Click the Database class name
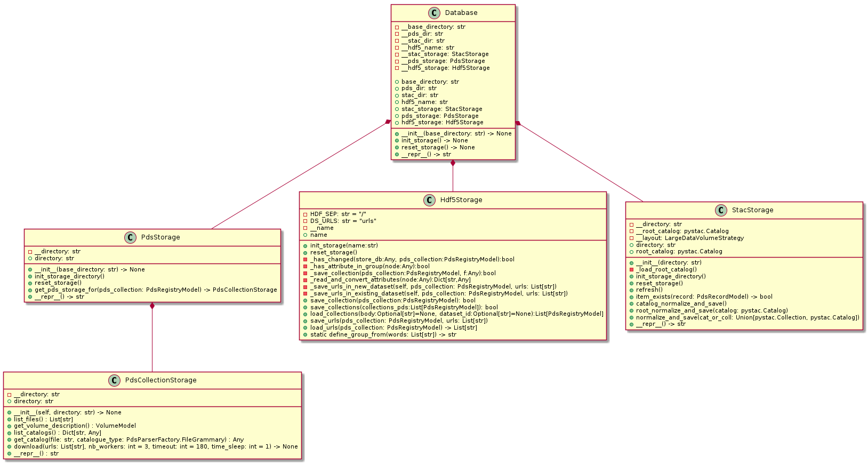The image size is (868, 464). coord(461,13)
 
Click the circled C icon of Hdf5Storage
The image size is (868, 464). coord(429,200)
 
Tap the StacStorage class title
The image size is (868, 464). coord(752,210)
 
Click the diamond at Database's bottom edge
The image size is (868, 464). coord(453,163)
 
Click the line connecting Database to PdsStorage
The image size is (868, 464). coord(299,177)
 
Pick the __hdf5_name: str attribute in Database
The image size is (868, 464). coord(428,47)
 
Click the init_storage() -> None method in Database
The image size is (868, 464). coord(435,140)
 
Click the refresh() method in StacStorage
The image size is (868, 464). coord(649,290)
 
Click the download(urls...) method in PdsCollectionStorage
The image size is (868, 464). coord(156,446)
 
